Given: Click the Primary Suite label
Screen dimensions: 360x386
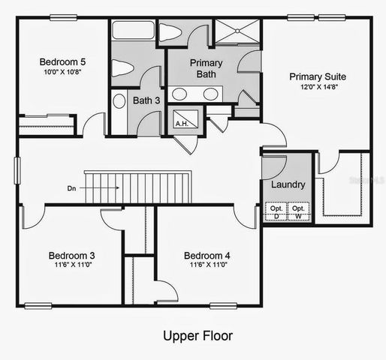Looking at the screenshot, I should tap(314, 76).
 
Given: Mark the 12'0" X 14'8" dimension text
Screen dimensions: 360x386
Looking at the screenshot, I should tap(314, 87).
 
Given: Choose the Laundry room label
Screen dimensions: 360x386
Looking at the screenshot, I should tap(288, 184).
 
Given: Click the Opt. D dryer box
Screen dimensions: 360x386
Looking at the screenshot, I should tap(276, 211).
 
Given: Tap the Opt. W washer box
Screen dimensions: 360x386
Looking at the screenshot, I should tap(299, 211).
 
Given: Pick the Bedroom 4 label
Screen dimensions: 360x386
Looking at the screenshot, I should tap(207, 255).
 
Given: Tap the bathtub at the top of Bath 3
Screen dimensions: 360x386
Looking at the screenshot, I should tap(132, 31).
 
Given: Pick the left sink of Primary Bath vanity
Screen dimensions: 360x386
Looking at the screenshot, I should tap(180, 94).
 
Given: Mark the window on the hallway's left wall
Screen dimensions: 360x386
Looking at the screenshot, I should tap(17, 170).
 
